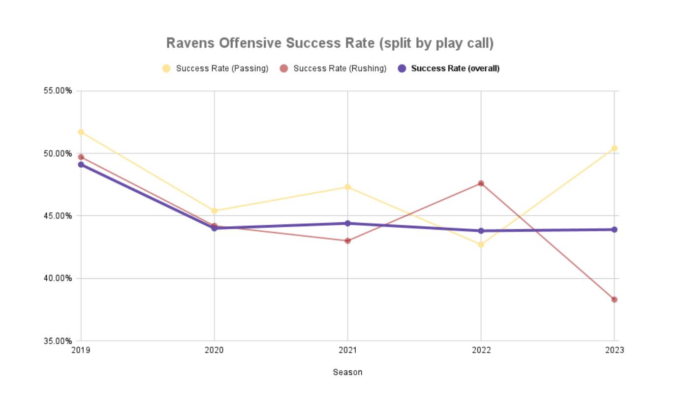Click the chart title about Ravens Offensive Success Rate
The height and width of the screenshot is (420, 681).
[330, 43]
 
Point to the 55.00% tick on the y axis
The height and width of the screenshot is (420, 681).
[58, 91]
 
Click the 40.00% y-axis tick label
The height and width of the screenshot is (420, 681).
[58, 278]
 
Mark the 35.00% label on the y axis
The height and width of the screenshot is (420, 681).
[58, 341]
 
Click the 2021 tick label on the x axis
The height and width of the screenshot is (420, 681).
[347, 350]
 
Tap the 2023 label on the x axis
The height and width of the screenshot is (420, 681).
[614, 350]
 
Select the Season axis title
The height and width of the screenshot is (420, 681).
[347, 372]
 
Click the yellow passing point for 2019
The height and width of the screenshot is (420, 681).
[81, 132]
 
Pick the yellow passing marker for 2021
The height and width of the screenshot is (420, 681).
[348, 187]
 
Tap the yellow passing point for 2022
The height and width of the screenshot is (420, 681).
[481, 244]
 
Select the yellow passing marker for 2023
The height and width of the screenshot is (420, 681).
[614, 149]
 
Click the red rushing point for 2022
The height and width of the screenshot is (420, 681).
[481, 183]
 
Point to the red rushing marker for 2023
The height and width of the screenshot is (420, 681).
[614, 300]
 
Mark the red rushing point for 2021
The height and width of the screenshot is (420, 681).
[348, 241]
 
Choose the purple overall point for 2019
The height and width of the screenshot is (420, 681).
[81, 165]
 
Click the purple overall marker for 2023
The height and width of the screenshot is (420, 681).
[614, 230]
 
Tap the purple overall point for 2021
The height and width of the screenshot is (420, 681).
[348, 223]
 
